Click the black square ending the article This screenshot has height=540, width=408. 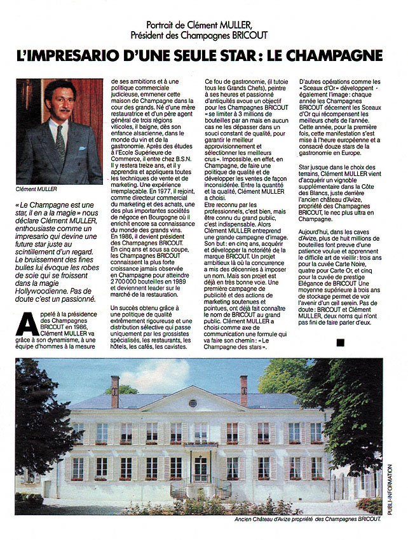340,342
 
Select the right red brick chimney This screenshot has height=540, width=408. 244,389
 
